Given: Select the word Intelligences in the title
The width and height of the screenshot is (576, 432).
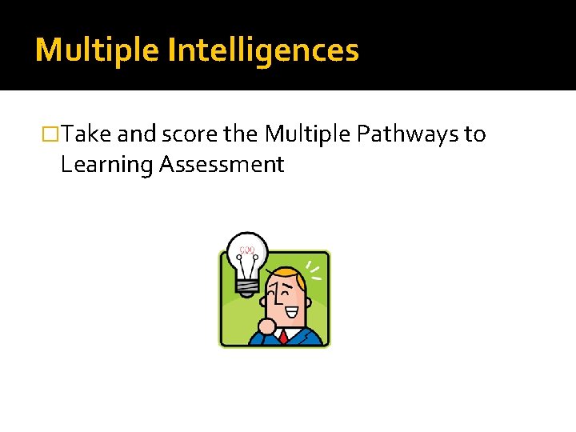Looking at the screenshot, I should [x=263, y=50].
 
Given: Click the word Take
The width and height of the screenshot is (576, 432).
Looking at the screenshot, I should [x=87, y=134].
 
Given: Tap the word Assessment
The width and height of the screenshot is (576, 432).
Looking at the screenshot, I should [x=222, y=164].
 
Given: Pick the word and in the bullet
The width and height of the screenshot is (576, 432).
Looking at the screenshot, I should [x=137, y=134].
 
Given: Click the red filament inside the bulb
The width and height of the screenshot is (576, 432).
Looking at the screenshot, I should [x=247, y=250].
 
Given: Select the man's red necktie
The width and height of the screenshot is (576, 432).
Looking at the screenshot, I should [x=283, y=336].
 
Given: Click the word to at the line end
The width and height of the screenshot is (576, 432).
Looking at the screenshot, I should [x=474, y=134].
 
